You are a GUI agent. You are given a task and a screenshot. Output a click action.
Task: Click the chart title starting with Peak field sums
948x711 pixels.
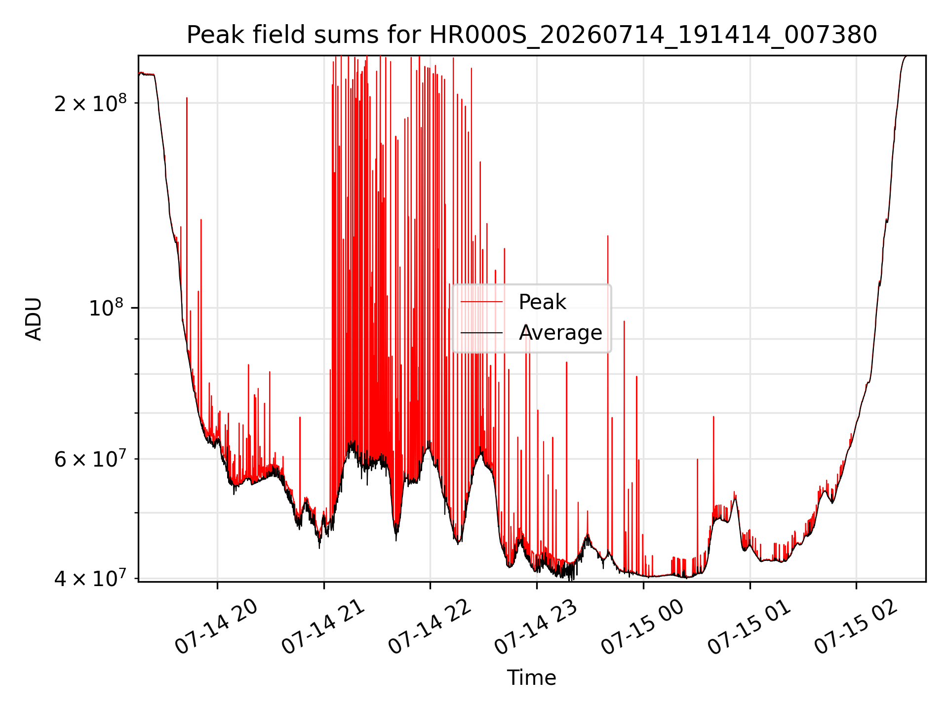[532, 35]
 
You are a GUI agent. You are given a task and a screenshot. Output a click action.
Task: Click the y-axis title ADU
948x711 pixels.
[34, 319]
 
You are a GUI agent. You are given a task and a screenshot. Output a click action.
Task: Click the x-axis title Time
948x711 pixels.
[532, 677]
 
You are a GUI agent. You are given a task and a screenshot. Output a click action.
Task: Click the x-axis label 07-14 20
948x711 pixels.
[217, 627]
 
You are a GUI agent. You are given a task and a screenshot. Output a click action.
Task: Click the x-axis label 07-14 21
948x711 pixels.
[323, 627]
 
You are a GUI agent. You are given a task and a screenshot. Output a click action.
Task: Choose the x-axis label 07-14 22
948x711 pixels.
[430, 627]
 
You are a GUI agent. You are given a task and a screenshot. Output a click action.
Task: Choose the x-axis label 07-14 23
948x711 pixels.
[537, 627]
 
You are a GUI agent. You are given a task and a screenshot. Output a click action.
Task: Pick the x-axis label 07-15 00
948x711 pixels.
[643, 627]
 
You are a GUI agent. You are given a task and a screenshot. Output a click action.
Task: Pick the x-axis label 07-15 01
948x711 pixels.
[750, 627]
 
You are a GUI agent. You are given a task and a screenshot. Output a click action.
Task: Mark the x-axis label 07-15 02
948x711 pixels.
[857, 627]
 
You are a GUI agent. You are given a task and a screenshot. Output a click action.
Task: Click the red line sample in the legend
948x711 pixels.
[481, 302]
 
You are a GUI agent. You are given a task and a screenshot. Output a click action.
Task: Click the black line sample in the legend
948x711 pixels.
[481, 333]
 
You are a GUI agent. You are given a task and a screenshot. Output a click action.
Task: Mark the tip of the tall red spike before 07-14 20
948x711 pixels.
[187, 98]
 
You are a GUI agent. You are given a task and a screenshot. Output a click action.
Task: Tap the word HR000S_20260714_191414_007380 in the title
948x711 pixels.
[653, 35]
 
